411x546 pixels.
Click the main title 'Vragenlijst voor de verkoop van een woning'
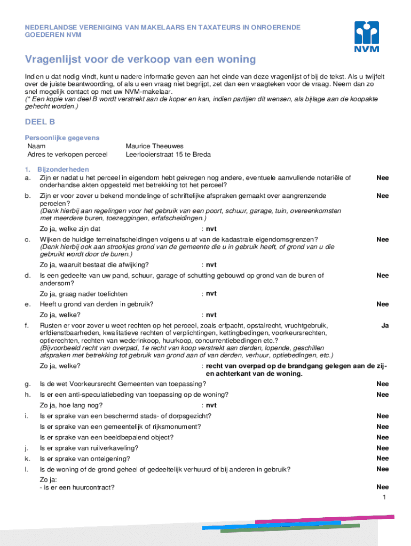coord(140,59)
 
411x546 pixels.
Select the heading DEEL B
coord(40,122)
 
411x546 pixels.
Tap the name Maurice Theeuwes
coord(154,146)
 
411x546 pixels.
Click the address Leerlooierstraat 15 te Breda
coord(168,155)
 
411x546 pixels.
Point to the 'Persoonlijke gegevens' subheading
coord(62,138)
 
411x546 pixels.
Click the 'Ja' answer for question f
coord(384,325)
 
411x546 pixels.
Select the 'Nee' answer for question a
coord(382,178)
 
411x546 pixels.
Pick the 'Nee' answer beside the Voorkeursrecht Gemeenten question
coord(382,384)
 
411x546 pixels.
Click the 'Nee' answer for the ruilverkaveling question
coord(382,448)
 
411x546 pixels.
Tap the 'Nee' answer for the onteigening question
coord(382,459)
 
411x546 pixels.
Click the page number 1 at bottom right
coord(384,497)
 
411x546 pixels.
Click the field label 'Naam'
coord(36,146)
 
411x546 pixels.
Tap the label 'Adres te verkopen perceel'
coord(67,155)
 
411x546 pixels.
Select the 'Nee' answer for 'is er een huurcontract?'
coord(382,487)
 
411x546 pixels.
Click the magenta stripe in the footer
coord(326,519)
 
